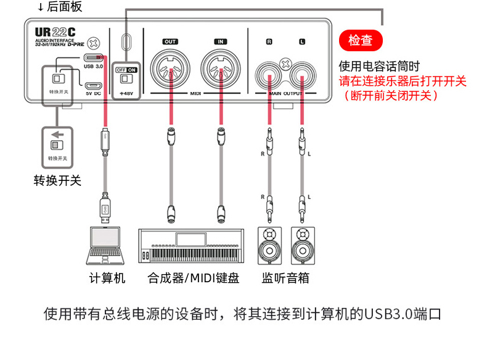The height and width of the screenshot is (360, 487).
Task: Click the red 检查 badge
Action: [361, 41]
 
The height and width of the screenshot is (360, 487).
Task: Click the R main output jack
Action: [269, 74]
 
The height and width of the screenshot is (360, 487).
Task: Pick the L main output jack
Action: [301, 74]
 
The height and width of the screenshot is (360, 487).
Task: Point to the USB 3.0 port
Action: [94, 59]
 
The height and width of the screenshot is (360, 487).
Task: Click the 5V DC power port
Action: [94, 85]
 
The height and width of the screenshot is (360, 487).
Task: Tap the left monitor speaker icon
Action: [269, 245]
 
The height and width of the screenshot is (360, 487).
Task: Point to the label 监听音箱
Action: [285, 278]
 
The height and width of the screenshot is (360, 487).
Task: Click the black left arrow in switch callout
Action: [57, 134]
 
